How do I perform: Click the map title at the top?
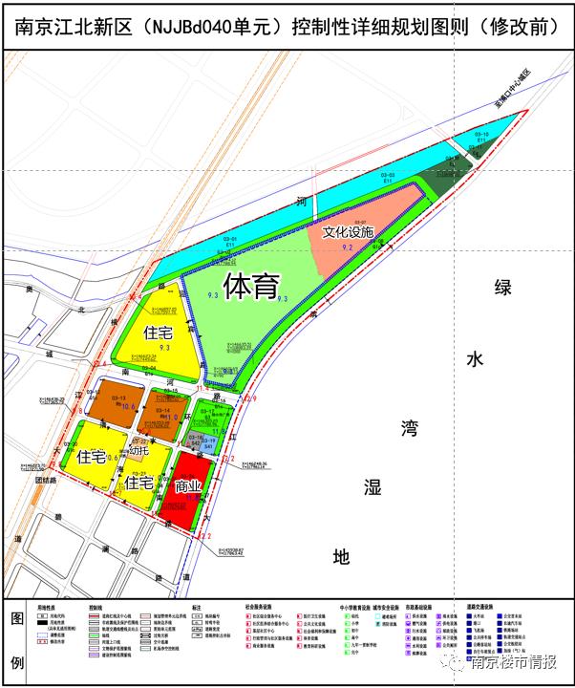(x=287, y=27)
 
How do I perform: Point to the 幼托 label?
(x=139, y=450)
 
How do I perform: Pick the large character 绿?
(x=502, y=288)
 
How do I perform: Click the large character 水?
(x=475, y=358)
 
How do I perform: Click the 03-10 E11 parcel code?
(x=481, y=138)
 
